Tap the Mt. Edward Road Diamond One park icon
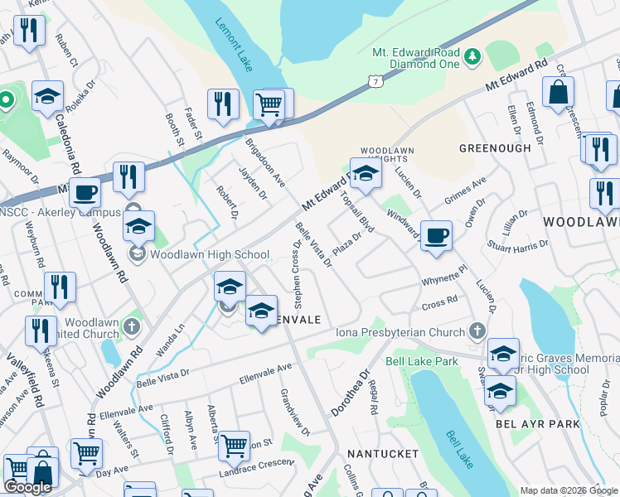[x=472, y=56]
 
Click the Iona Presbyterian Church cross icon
[x=477, y=332]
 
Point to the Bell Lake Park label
[x=422, y=362]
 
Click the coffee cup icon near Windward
[x=436, y=235]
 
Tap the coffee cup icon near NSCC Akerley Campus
[x=85, y=193]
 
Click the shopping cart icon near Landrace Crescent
[x=234, y=445]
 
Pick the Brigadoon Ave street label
[x=264, y=162]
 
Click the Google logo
[x=27, y=487]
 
